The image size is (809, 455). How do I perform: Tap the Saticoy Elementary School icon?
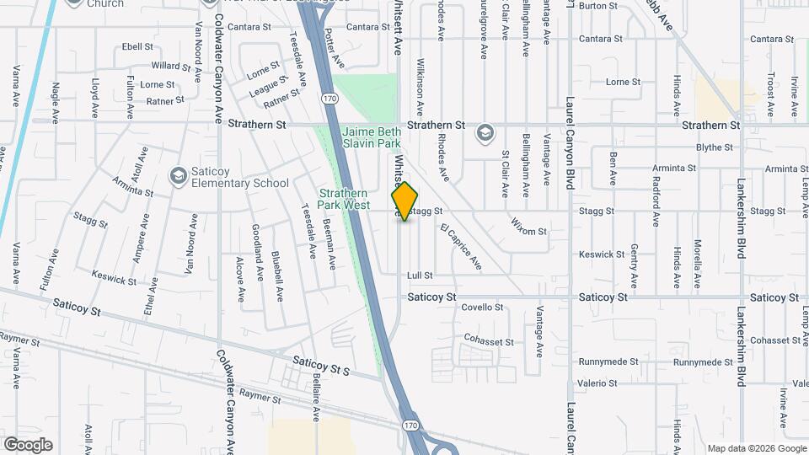coord(178,174)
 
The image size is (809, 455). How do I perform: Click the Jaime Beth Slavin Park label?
coord(371,138)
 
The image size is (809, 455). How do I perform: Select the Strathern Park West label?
coord(344,199)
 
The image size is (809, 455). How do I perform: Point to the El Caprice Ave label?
coord(461,247)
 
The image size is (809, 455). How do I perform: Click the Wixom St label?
coord(529,225)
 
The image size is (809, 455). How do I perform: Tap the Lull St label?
coord(419,276)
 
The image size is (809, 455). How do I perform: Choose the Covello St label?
coord(481,308)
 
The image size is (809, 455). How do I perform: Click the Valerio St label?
coord(598,383)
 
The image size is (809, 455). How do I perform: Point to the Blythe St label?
coord(715,147)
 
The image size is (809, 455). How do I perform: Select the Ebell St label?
coord(137,47)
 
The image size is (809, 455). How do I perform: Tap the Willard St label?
coord(166,66)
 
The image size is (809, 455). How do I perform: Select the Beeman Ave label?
coord(332,248)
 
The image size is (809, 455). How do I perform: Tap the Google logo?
coord(28,445)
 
